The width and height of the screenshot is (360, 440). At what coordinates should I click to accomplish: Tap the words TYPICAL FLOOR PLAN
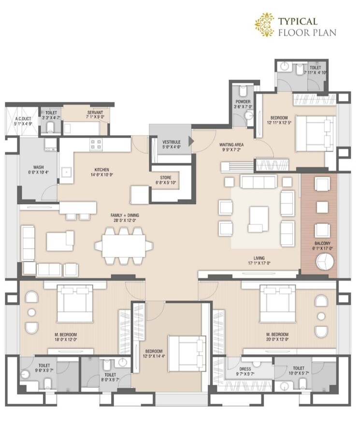[306, 27]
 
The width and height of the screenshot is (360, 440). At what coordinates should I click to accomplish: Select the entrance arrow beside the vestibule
[191, 141]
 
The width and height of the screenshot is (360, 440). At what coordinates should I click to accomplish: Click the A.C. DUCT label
[23, 118]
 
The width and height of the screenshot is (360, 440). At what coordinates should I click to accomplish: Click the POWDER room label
[243, 102]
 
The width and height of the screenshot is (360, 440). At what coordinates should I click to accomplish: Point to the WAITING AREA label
[231, 144]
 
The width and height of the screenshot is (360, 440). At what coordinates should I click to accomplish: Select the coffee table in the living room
[258, 215]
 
